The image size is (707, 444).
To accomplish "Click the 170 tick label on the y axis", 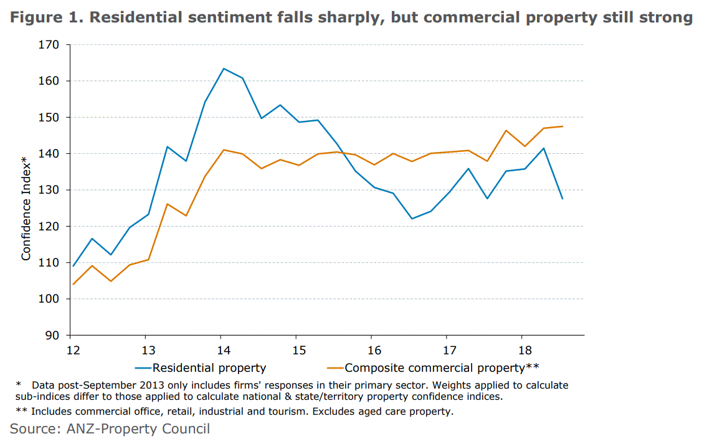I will (50, 45).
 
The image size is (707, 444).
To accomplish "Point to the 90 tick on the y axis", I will (52, 336).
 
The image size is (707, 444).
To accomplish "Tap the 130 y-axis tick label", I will (50, 190).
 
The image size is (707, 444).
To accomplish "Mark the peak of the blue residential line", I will (224, 68).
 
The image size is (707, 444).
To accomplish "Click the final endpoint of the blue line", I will (562, 199).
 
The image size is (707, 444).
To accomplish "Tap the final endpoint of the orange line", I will (562, 126).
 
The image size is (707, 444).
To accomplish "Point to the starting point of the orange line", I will (72, 285).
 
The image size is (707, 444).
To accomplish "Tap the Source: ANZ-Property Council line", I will (110, 428).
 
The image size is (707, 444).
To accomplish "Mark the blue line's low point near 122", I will (412, 219).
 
